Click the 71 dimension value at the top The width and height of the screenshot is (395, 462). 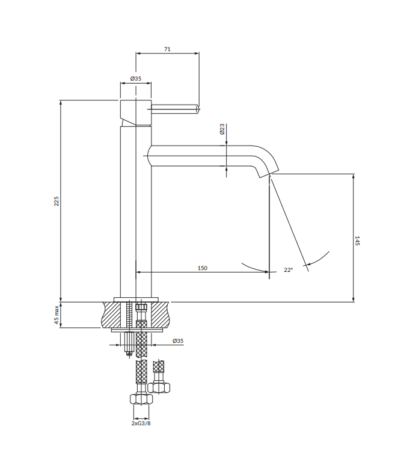167,49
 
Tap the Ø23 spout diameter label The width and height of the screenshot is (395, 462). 222,129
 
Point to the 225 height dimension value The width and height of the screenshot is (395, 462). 57,202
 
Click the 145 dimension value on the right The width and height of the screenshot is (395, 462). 357,241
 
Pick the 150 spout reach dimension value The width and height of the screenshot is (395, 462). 202,268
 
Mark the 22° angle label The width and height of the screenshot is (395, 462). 288,270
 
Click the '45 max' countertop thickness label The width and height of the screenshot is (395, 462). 57,315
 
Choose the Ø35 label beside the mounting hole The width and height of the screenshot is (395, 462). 177,341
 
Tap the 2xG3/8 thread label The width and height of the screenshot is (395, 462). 141,423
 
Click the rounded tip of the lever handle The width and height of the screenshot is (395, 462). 198,109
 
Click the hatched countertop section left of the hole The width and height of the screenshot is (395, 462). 112,315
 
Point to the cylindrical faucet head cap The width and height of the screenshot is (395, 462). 135,110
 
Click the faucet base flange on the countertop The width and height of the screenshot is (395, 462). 135,300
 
